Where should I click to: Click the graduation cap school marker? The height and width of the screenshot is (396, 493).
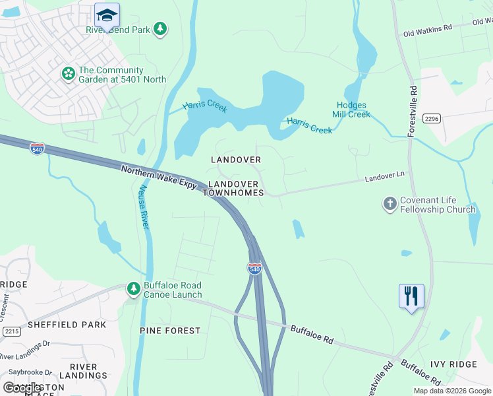[x=106, y=15]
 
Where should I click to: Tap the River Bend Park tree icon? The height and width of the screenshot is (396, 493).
[x=159, y=28]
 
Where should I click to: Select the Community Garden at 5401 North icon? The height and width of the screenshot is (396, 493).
[x=68, y=74]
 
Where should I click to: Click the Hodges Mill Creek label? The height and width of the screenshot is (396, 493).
[x=353, y=110]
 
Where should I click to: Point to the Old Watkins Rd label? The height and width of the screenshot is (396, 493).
[x=428, y=30]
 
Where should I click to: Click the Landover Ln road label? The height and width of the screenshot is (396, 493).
[x=384, y=179]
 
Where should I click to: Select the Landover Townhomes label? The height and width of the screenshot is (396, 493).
[x=233, y=188]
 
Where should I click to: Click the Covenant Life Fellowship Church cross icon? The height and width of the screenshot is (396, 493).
[x=390, y=204]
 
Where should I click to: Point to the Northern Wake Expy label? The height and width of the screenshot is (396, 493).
[x=158, y=180]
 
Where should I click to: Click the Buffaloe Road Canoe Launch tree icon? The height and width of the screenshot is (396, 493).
[x=133, y=289]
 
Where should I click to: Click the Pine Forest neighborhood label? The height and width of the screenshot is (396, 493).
[x=169, y=330]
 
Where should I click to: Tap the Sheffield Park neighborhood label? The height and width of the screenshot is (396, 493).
[x=67, y=325]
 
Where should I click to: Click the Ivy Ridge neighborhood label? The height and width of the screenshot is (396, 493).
[x=453, y=364]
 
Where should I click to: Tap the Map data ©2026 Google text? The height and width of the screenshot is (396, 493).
[x=451, y=391]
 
